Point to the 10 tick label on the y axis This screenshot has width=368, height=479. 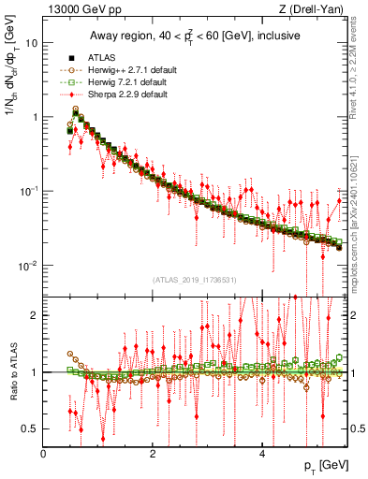31,43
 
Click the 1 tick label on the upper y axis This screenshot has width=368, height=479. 34,117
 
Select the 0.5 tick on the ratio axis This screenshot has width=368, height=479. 29,428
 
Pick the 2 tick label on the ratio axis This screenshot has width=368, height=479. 34,315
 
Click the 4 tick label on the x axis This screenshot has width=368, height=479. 261,454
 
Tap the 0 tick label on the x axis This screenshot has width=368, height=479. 44,454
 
